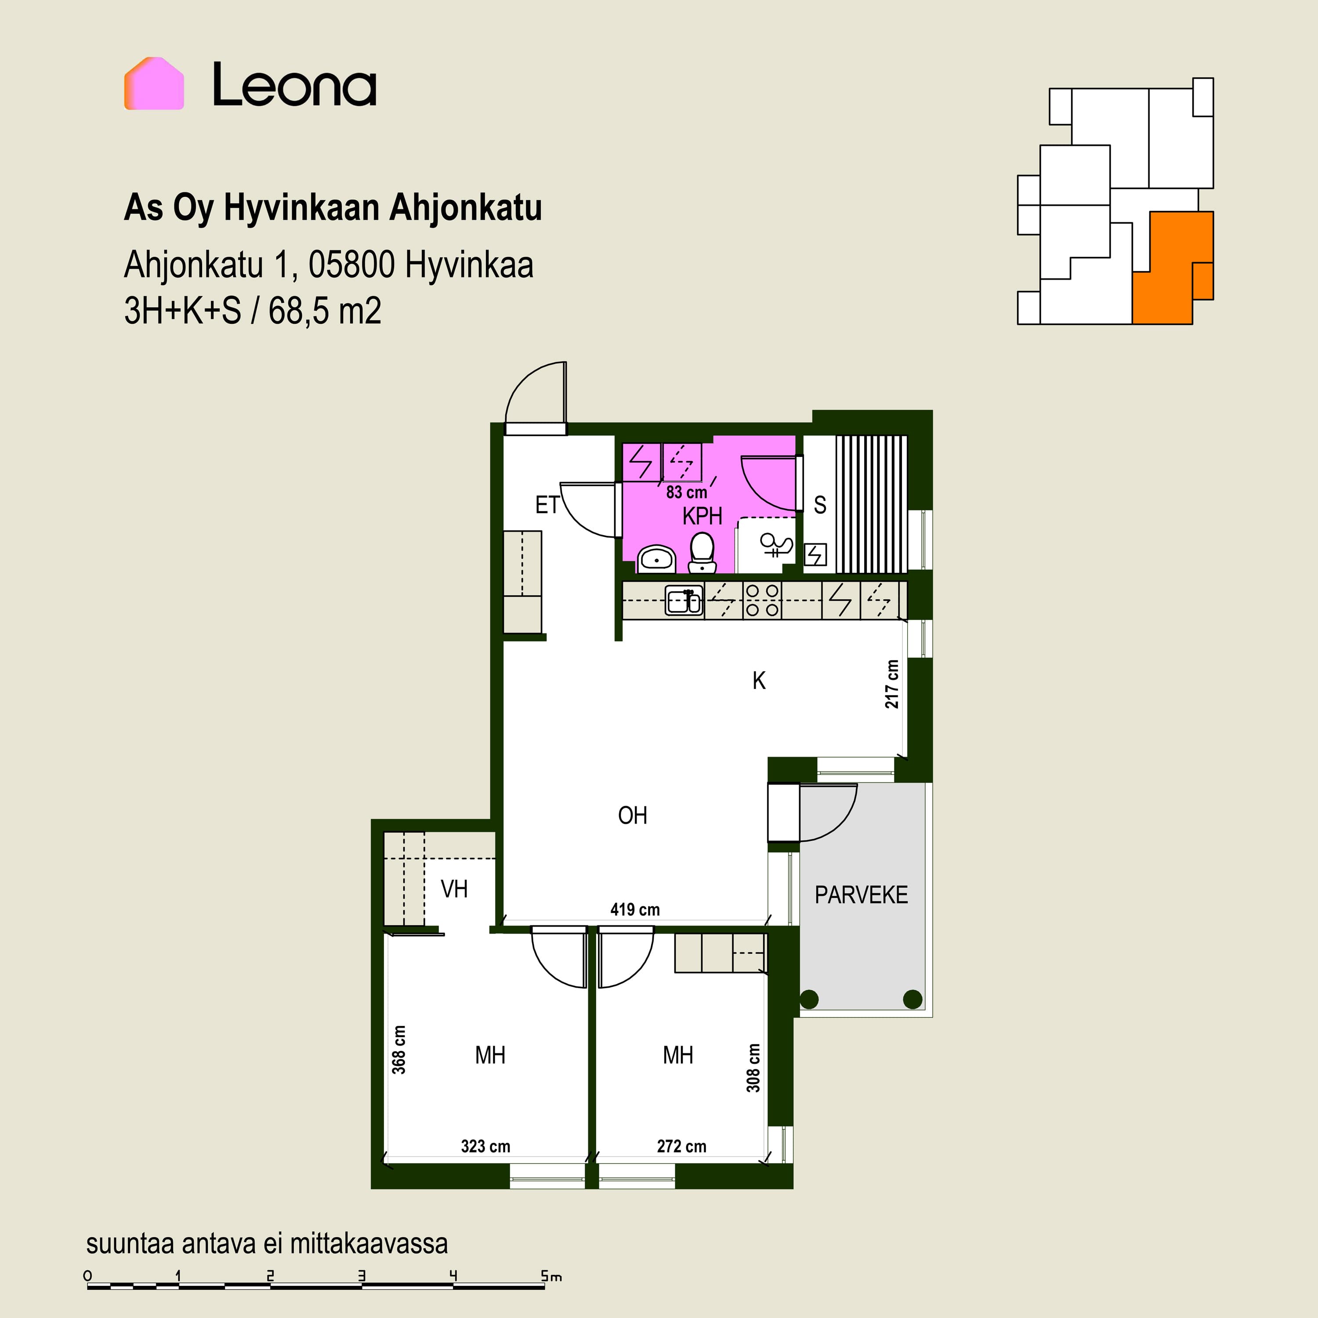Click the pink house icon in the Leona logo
(154, 83)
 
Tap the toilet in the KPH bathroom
(702, 553)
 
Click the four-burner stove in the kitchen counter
(762, 600)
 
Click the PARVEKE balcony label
(861, 895)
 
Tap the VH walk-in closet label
(454, 889)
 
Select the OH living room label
(632, 815)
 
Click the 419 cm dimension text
(635, 909)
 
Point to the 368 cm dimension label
(399, 1050)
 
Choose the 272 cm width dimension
(681, 1146)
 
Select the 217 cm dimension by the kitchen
(892, 684)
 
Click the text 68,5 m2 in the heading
(325, 311)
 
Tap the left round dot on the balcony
(809, 999)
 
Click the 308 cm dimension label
(753, 1068)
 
